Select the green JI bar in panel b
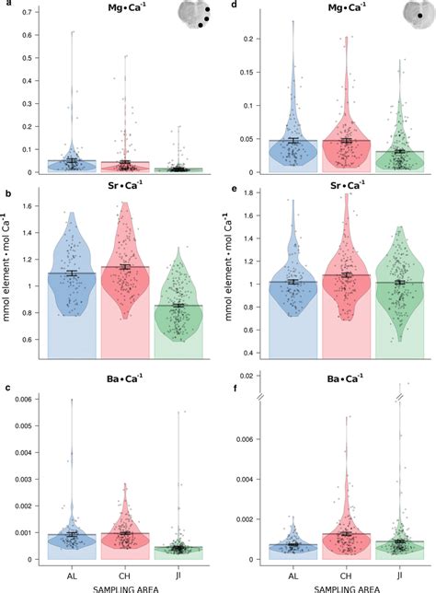point(178,331)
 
